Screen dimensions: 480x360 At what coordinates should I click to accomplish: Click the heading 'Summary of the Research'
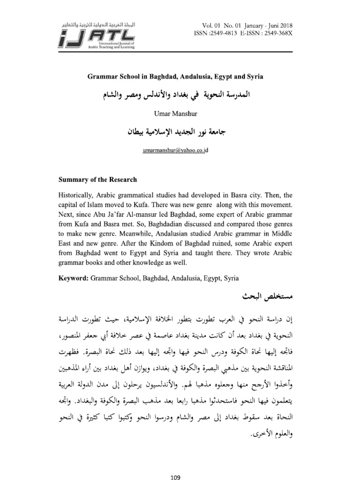pos(97,180)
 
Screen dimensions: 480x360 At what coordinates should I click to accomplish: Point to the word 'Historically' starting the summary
pos(77,195)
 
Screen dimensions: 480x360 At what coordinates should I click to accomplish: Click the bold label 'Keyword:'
pos(73,278)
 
